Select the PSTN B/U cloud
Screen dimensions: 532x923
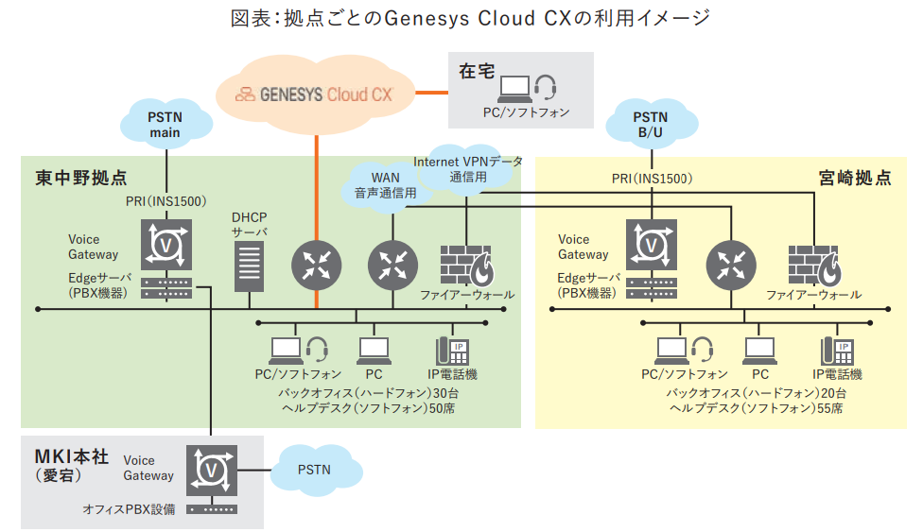pyautogui.click(x=651, y=124)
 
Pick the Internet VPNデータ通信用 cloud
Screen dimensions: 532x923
pyautogui.click(x=467, y=166)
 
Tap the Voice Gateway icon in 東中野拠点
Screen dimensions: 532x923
pyautogui.click(x=167, y=245)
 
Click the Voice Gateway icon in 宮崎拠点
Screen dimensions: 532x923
pyautogui.click(x=652, y=245)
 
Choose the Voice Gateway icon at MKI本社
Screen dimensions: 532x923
pyautogui.click(x=213, y=469)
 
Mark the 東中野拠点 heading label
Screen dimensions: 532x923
pyautogui.click(x=81, y=178)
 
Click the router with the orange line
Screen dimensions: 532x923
pyautogui.click(x=316, y=266)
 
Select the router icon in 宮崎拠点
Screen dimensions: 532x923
pyautogui.click(x=731, y=266)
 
